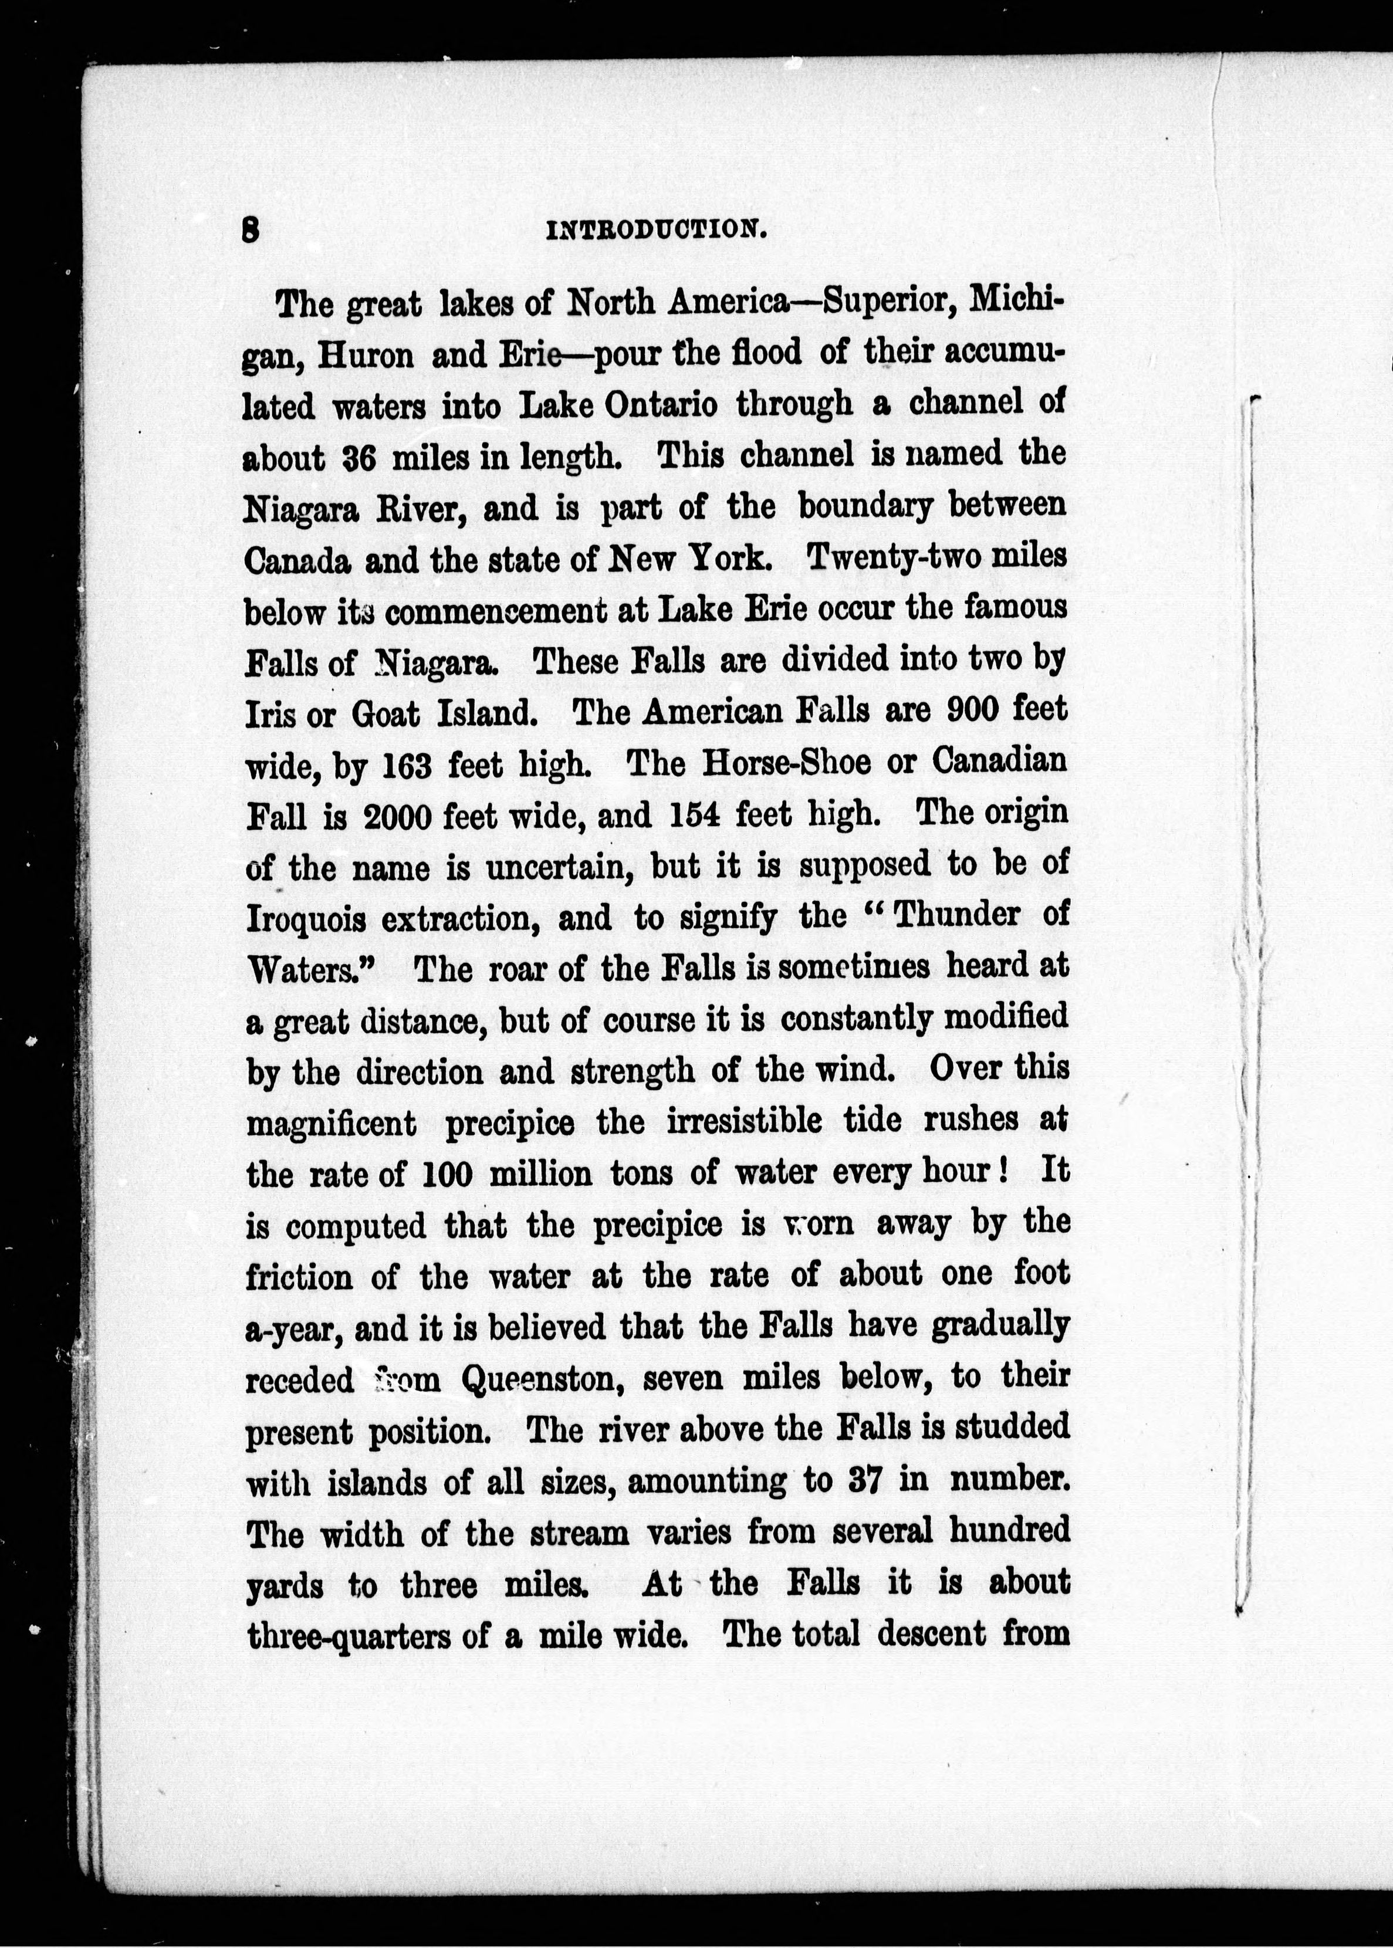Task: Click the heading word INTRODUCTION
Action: (x=656, y=230)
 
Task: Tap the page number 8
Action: (x=251, y=230)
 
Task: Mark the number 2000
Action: (x=397, y=817)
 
